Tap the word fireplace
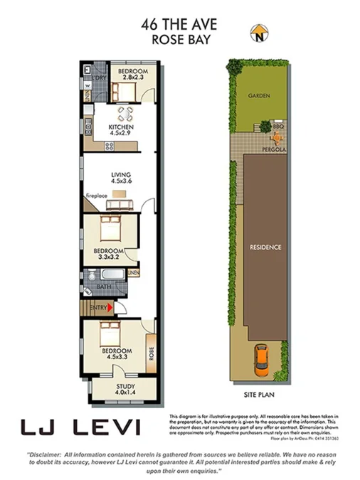(x=96, y=195)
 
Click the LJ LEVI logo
(x=80, y=427)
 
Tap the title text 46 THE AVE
(x=179, y=25)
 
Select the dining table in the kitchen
(x=125, y=113)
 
